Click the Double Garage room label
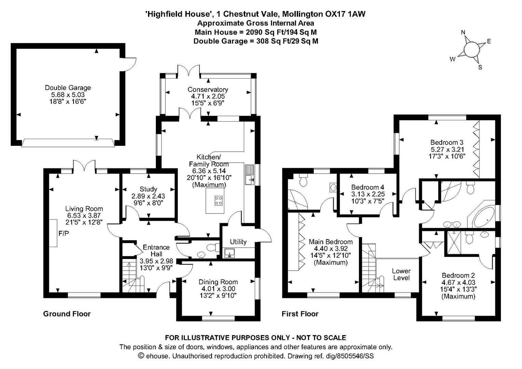(68, 88)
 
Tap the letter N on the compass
(463, 32)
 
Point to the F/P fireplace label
(64, 233)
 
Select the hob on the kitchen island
(218, 200)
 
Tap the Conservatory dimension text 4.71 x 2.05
(208, 96)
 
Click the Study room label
(148, 189)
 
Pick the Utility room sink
(230, 253)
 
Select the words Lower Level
(401, 274)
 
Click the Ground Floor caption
(67, 314)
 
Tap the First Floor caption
(300, 314)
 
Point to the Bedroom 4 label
(368, 187)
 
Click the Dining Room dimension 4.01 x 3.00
(218, 289)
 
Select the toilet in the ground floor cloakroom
(213, 247)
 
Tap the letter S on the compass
(480, 67)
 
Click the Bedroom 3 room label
(447, 142)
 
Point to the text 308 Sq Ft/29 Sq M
(287, 41)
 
